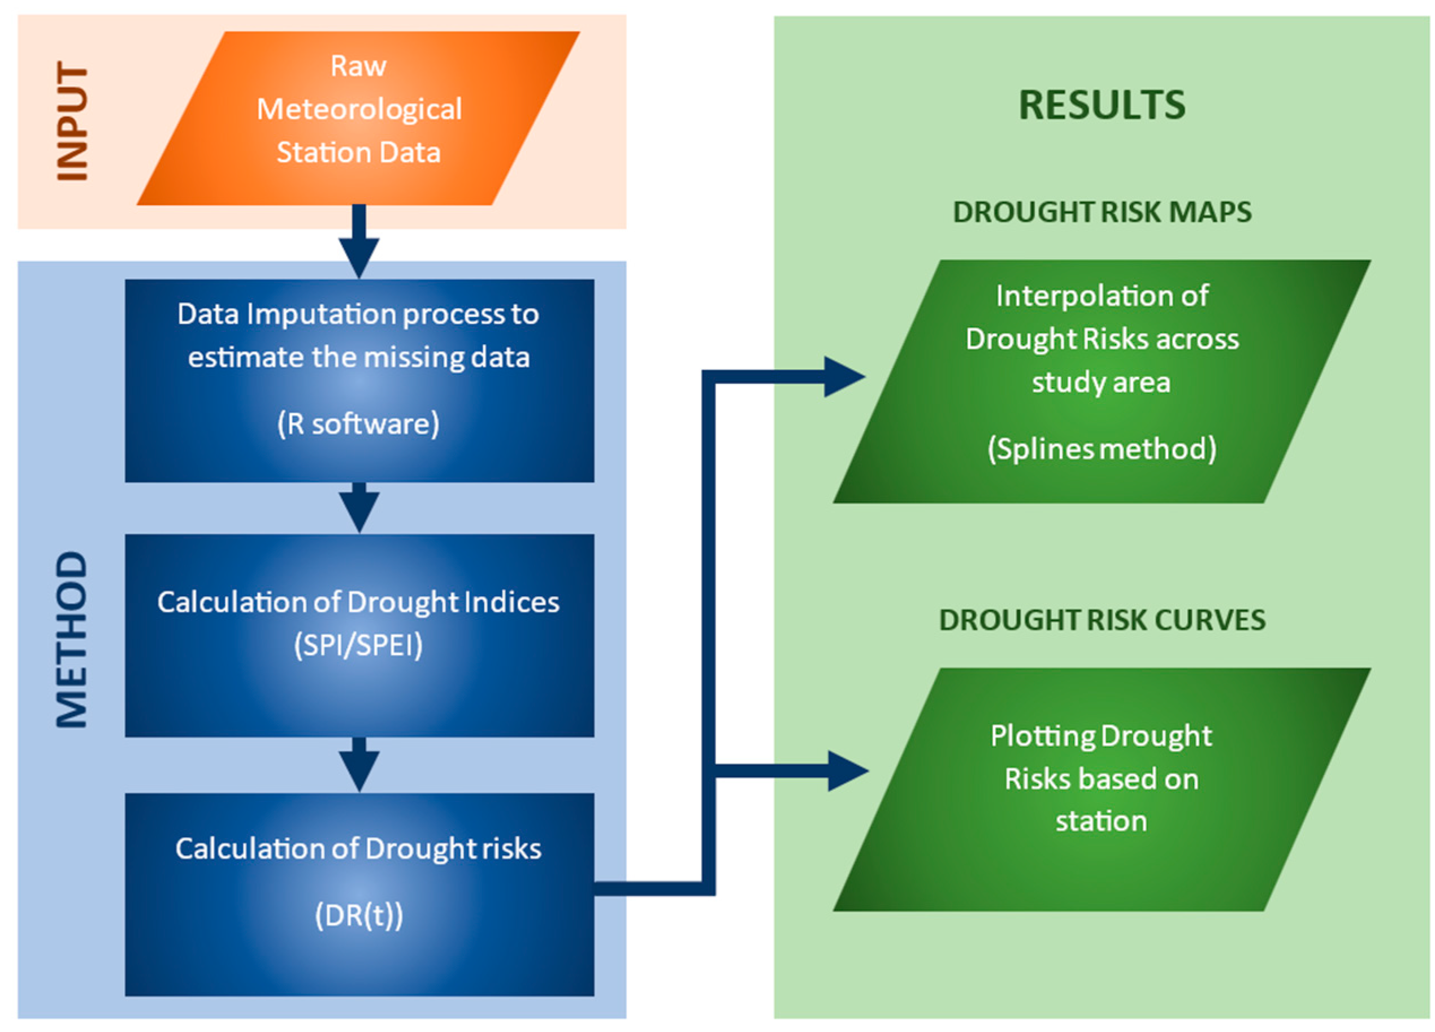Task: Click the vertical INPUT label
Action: pos(72,121)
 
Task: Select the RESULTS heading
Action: pos(1102,105)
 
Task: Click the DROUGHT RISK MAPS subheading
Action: pos(1102,212)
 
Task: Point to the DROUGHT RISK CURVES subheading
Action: pos(1102,620)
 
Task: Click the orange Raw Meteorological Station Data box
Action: pos(358,118)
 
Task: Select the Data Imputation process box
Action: pos(359,381)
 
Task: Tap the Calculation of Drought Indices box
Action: pos(359,635)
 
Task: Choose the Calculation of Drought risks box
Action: pos(359,895)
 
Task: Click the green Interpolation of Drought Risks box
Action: pos(1102,381)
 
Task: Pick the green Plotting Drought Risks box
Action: pos(1102,790)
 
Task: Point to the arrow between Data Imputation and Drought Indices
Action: pos(359,508)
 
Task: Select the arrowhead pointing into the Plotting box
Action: pos(848,771)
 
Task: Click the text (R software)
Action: pos(358,424)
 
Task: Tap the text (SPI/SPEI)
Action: pos(358,645)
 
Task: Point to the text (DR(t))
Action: pos(359,915)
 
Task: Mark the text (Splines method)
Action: pos(1102,449)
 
